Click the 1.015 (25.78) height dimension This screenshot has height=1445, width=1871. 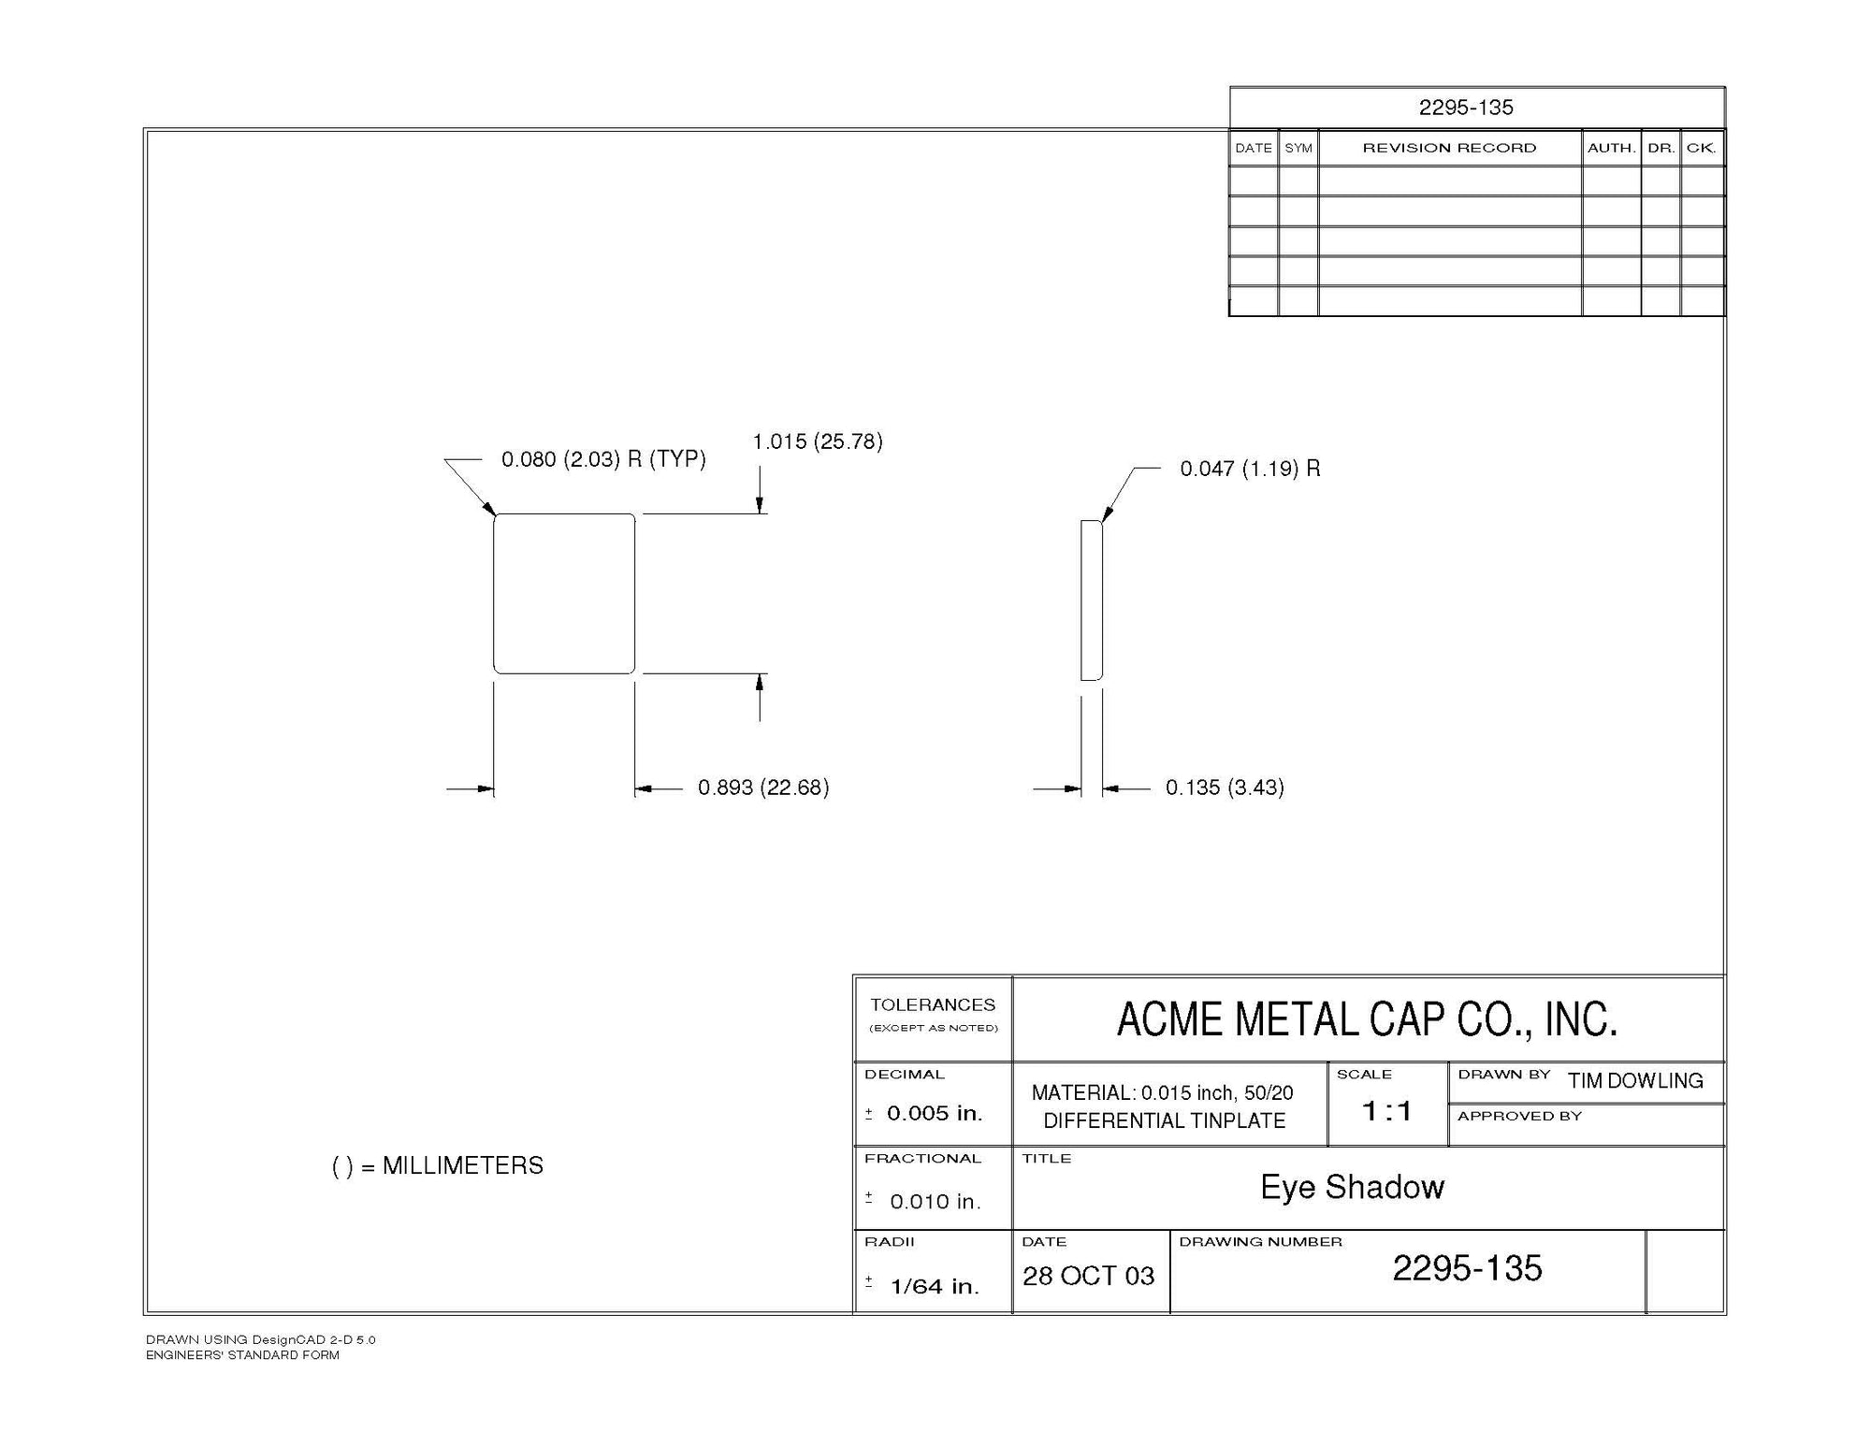click(817, 441)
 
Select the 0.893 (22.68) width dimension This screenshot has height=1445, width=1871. click(763, 788)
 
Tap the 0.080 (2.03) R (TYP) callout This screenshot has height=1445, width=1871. click(603, 459)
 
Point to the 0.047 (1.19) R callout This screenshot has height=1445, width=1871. click(1250, 469)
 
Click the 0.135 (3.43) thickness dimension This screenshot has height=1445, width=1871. click(1225, 788)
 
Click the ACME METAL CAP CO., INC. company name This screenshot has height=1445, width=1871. click(1367, 1019)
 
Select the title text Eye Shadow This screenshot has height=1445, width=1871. click(1352, 1187)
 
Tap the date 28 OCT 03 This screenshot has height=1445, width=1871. click(1088, 1276)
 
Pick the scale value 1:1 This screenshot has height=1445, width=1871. click(1386, 1111)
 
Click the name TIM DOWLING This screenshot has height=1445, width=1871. click(1635, 1081)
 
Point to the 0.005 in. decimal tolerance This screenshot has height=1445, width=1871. click(934, 1113)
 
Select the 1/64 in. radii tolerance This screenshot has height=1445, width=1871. click(934, 1286)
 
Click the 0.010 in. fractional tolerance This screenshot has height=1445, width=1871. click(935, 1202)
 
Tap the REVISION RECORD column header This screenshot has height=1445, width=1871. click(1449, 148)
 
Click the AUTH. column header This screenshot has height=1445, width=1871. click(1611, 148)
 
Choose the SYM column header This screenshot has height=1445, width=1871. click(1298, 148)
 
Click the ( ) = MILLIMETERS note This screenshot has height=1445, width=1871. click(438, 1165)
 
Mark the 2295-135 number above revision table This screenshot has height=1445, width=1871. click(1466, 108)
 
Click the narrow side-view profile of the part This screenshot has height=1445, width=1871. click(1091, 600)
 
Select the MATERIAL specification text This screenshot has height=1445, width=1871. click(1163, 1106)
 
